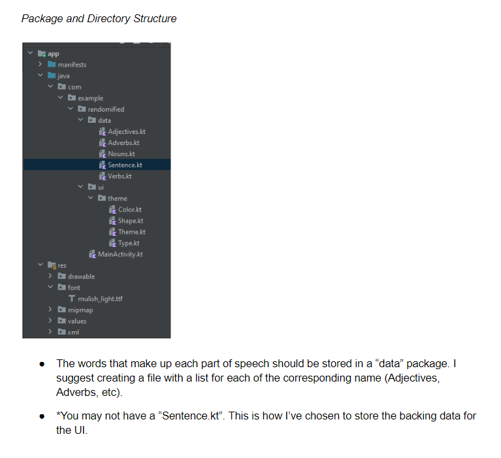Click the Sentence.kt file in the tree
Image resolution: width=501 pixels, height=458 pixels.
pos(125,165)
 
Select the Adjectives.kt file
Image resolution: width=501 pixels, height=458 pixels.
pos(126,131)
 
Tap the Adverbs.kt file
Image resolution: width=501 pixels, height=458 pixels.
pos(123,142)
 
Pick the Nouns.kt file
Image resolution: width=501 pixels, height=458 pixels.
pos(122,154)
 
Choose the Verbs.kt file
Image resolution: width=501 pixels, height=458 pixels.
pos(120,176)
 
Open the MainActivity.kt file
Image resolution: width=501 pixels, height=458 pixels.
pos(120,254)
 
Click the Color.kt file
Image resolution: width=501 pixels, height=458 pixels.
pos(129,210)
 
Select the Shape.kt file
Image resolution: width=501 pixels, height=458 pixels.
pos(131,221)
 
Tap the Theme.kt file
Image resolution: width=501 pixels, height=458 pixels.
pos(131,232)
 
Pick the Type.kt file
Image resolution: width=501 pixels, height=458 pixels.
pos(129,243)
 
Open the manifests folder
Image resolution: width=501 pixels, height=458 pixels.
pos(72,65)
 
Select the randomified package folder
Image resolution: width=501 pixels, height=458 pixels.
pos(105,109)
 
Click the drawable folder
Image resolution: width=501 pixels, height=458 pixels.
pos(81,276)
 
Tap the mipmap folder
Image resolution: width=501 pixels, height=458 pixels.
pos(80,310)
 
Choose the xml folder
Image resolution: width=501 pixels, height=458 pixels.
pos(74,332)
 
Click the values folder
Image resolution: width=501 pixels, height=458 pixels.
pos(77,321)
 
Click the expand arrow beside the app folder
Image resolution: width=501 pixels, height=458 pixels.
pos(30,54)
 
